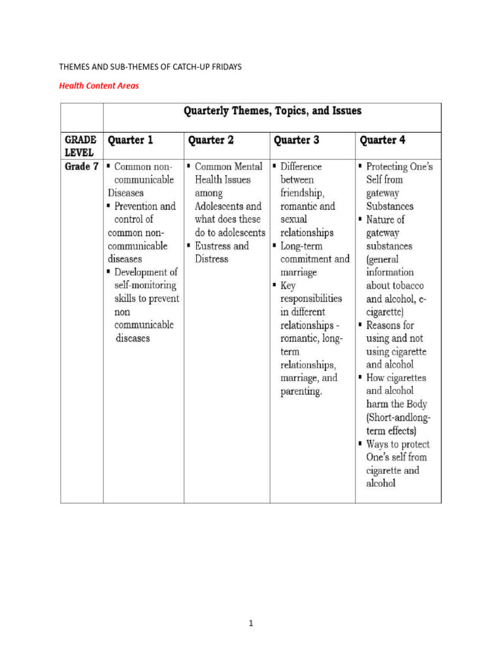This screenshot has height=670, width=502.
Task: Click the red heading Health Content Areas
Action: pos(99,85)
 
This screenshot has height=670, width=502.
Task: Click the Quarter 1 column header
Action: pos(134,140)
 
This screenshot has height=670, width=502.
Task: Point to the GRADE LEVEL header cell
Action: pos(80,145)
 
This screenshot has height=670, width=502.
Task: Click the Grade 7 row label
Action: pos(81,167)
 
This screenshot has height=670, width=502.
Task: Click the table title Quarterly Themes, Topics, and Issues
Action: pos(272,111)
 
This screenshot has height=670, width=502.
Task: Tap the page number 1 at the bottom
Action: pos(250,624)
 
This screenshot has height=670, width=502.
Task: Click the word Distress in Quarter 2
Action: pos(211,259)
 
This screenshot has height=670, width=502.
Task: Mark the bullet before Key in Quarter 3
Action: pos(275,286)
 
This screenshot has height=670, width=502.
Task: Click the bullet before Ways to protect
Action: pos(360,444)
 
